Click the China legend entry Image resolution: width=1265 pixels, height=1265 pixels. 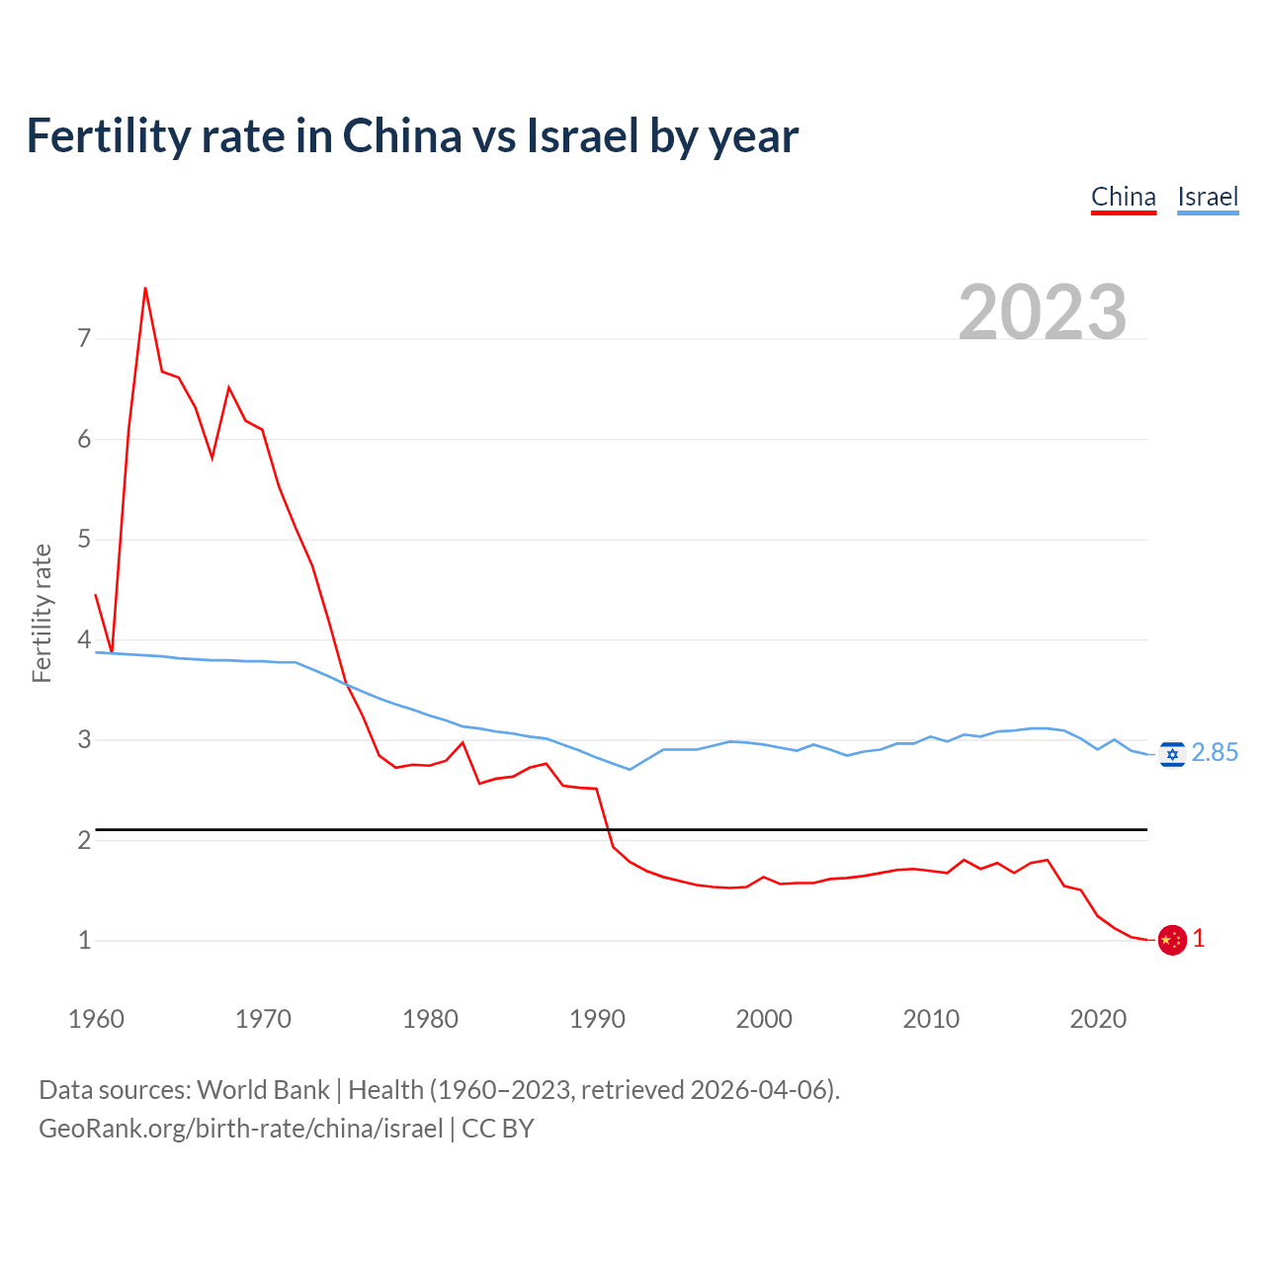[1123, 197]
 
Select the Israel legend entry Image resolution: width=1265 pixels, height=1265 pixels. [1208, 197]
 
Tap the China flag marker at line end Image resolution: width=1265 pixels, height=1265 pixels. [1172, 940]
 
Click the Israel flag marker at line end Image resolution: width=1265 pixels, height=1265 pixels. [1172, 755]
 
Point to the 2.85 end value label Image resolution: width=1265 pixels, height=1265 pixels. [1215, 753]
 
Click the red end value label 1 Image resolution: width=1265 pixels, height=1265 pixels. [1199, 939]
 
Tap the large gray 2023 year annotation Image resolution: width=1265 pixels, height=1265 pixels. [1043, 312]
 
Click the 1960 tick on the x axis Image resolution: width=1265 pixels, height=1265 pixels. [96, 1019]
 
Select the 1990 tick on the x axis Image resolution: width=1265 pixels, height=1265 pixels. [597, 1019]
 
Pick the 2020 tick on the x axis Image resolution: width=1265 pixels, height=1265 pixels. [1098, 1019]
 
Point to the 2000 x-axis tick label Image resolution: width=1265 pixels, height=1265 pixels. [764, 1019]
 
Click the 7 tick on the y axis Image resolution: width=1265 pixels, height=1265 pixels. [84, 339]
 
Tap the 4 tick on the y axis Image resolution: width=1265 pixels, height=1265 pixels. [84, 639]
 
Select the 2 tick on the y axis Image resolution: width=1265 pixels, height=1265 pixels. [84, 840]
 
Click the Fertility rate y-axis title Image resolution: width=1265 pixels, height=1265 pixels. [42, 613]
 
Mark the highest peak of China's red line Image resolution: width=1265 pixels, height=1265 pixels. [145, 288]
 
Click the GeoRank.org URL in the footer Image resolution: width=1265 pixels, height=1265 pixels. [241, 1129]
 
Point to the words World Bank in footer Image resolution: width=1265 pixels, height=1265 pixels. [263, 1090]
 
